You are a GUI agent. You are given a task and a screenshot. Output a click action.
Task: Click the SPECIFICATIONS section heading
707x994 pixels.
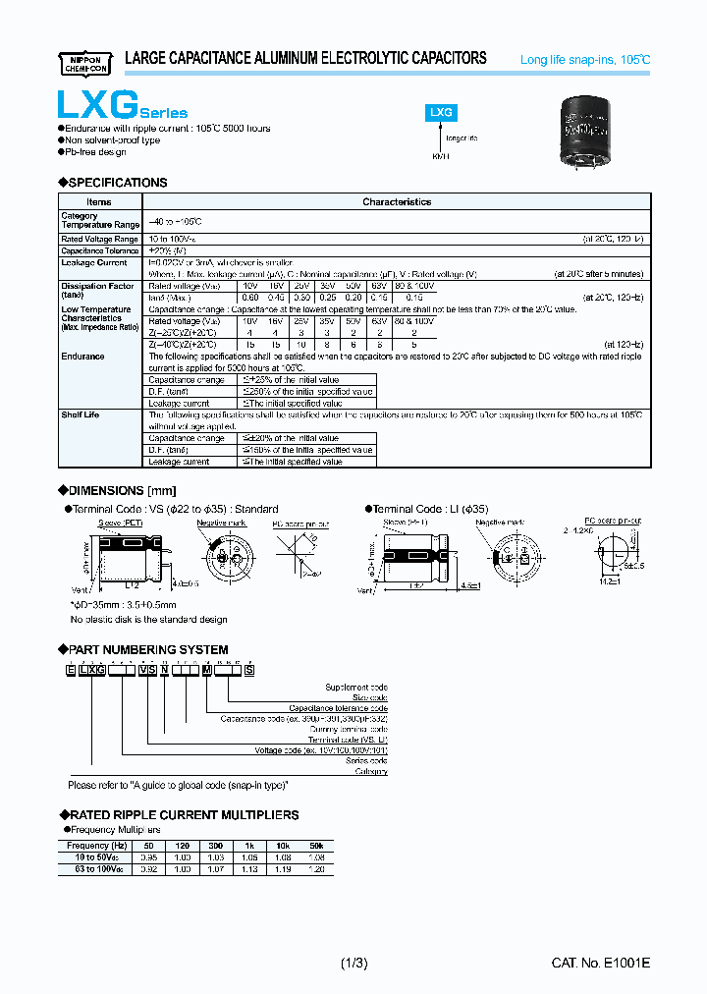(x=117, y=183)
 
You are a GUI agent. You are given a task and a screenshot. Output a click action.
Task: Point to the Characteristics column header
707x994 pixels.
(x=397, y=202)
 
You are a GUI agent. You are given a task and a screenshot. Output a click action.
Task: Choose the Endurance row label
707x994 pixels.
(x=82, y=358)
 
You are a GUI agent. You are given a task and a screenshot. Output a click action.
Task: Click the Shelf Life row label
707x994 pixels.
(x=80, y=415)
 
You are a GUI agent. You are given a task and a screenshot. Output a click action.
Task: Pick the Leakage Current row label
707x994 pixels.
(x=94, y=263)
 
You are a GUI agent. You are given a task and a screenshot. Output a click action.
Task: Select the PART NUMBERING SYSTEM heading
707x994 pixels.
(x=148, y=650)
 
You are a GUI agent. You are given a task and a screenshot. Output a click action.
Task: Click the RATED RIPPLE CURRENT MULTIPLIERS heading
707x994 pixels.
(x=184, y=815)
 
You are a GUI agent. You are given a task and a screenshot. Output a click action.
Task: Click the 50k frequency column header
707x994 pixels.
(x=316, y=846)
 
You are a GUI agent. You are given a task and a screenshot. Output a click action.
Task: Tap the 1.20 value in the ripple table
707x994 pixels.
(x=316, y=869)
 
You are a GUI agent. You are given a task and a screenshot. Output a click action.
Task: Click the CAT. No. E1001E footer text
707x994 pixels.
(x=600, y=964)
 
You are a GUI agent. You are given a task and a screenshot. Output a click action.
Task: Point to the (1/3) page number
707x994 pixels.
(x=353, y=964)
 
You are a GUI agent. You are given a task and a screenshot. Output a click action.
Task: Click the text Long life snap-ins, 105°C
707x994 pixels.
(x=584, y=61)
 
